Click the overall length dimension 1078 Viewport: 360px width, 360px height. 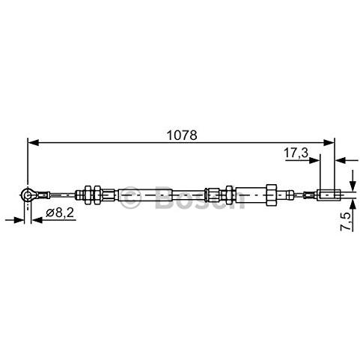coord(182,135)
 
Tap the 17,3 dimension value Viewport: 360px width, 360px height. coord(296,153)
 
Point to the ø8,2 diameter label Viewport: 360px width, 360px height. coord(60,213)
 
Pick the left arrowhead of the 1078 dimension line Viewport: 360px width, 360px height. coord(33,143)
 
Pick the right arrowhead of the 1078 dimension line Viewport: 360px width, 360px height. coord(328,143)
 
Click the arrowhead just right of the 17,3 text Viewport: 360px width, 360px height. coord(314,160)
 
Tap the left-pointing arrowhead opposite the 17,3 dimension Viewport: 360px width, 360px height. coord(341,160)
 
